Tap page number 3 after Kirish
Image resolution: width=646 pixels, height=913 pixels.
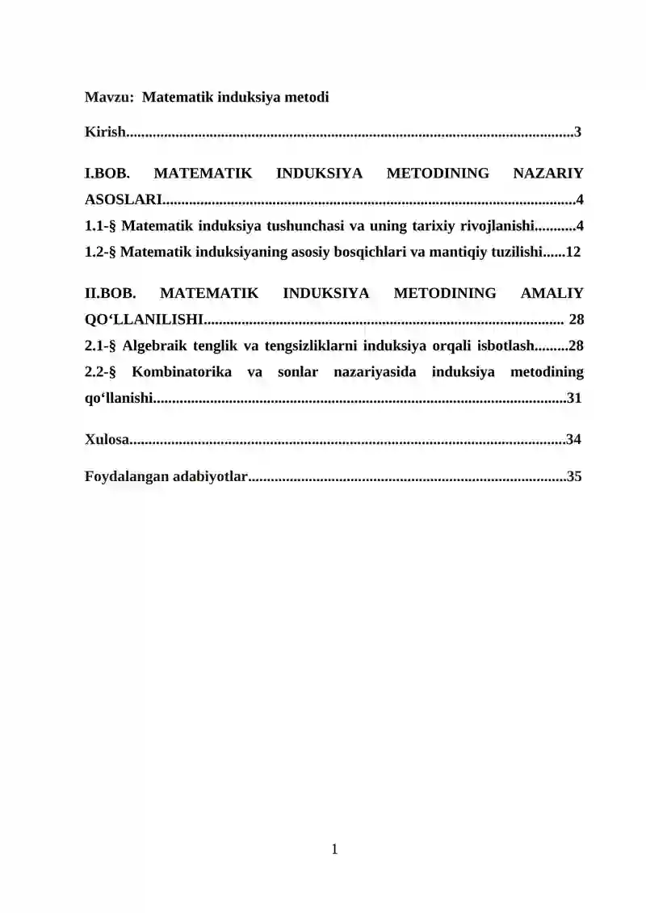[x=577, y=132]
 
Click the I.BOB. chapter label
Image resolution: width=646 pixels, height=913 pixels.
[x=107, y=173]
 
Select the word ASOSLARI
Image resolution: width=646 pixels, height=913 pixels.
[x=123, y=199]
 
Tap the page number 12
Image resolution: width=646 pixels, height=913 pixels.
[x=573, y=252]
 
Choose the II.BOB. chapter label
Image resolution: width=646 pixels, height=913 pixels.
[x=111, y=293]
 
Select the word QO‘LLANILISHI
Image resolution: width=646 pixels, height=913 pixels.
[x=144, y=320]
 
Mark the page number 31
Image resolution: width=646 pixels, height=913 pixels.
[x=574, y=398]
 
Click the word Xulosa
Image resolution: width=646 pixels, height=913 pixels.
[x=107, y=439]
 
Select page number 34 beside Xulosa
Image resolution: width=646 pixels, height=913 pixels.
[x=573, y=439]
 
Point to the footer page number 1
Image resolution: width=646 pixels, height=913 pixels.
[x=334, y=848]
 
